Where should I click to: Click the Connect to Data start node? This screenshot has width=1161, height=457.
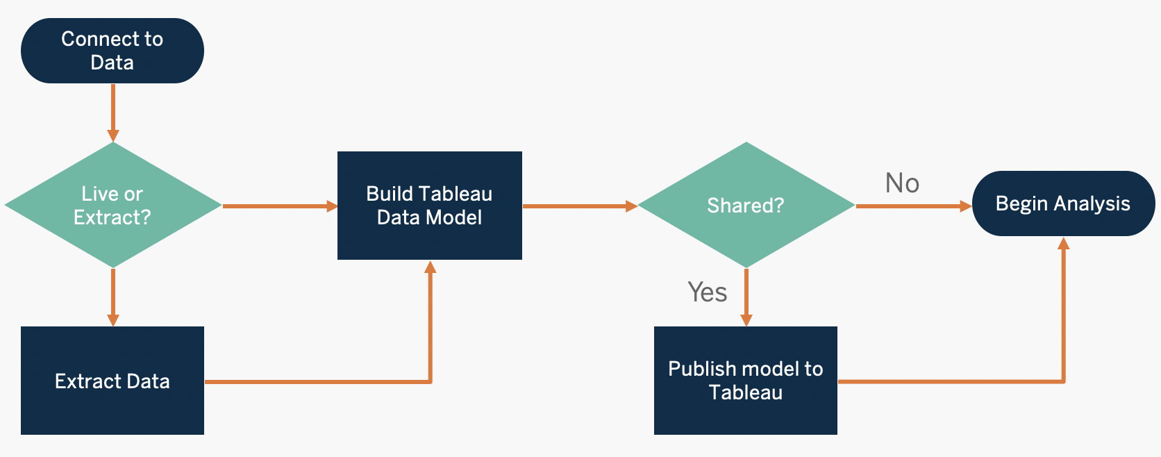coord(112,51)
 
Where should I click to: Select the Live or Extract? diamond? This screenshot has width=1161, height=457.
coord(112,206)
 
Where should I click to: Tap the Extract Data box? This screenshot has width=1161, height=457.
coord(112,381)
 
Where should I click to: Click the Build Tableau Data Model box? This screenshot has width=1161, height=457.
coord(429,206)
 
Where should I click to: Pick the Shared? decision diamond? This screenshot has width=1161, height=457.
coord(746,206)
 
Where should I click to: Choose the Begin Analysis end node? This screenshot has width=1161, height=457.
coord(1063,203)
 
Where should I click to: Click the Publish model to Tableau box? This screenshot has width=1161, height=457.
coord(746,381)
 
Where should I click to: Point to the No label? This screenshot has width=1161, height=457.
coord(902,183)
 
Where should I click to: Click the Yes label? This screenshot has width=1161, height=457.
coord(707,292)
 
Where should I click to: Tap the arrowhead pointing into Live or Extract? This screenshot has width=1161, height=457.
coord(113,135)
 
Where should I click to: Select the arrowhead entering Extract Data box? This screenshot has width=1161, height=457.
coord(113,319)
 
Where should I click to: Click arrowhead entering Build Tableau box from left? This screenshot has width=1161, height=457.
coord(331,206)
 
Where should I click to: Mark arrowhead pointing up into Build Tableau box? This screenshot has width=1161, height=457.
coord(431,267)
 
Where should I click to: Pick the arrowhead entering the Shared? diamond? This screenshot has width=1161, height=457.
coord(630,206)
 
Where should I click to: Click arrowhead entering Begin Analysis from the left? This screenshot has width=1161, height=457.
coord(964,206)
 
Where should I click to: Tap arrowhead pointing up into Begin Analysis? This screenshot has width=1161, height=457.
coord(1063,244)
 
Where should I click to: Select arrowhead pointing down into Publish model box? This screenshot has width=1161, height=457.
coord(746,319)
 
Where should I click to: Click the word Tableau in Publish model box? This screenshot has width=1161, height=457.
coord(746,392)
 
